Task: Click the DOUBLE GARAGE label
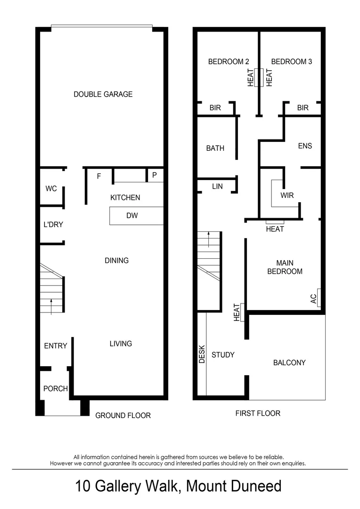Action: point(103,94)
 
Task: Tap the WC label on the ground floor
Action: point(51,189)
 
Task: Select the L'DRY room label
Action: point(50,224)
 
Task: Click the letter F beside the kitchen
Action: point(99,176)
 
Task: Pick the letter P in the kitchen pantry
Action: point(154,175)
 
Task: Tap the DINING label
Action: point(116,260)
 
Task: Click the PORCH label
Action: point(56,389)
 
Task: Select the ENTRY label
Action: point(55,346)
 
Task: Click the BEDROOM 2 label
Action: point(229,61)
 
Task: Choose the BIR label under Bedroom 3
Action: point(303,108)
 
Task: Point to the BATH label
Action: point(215,148)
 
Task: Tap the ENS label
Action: point(305,146)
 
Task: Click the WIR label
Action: point(287,195)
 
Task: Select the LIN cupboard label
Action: point(217,187)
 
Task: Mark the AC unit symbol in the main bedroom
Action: point(319,297)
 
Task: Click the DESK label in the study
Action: point(202,353)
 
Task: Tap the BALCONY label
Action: point(289,362)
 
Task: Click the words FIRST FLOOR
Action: point(258,413)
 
